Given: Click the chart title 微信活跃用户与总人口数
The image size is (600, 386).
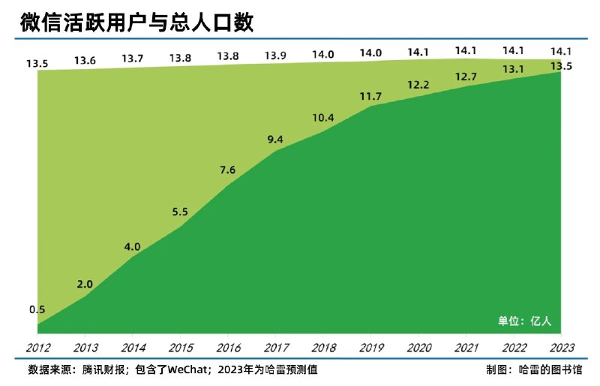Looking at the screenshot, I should tap(137, 23).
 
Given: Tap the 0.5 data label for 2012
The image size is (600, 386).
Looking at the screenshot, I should tap(37, 309).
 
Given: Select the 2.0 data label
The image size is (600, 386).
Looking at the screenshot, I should tap(85, 284).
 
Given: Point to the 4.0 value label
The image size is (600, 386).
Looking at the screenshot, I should tap(132, 246).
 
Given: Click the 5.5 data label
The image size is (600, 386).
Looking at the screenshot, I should tap(180, 213).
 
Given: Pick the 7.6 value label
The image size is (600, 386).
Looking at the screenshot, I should tap(228, 170).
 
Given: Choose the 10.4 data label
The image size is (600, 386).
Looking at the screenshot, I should tap(322, 119).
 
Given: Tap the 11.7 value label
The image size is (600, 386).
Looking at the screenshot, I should tap(370, 95).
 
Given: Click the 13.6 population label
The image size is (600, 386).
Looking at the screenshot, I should tap(85, 61).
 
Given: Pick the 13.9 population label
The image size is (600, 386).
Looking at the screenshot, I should tap(275, 56).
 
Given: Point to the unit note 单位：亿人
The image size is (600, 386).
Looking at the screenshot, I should tap(526, 321).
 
